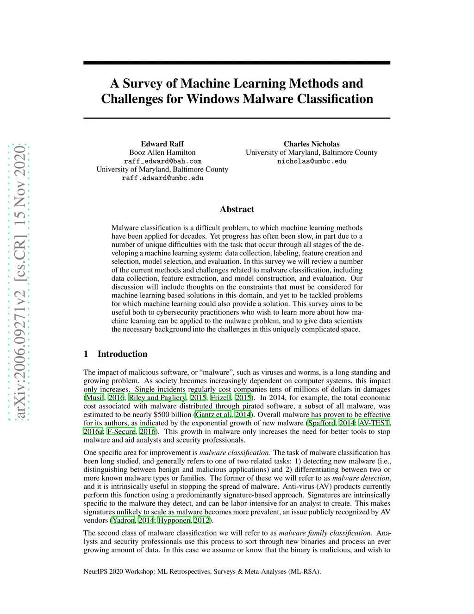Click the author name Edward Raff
pos(162,144)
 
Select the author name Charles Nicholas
pos(312,144)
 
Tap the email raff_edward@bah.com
pos(162,161)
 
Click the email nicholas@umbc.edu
pos(312,161)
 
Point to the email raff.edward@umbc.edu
pos(162,178)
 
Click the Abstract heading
pos(237,209)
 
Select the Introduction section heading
pos(122,354)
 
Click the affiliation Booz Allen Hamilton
pos(162,152)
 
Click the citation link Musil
pos(95,398)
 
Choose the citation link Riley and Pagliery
pos(157,398)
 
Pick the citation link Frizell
pos(221,398)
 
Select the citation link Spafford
pos(321,423)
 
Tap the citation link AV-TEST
pos(374,423)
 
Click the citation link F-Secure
pos(121,431)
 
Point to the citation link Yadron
pos(124,520)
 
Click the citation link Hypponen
pos(174,520)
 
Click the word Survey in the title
pos(143,83)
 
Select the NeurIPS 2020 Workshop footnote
pos(202,571)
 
